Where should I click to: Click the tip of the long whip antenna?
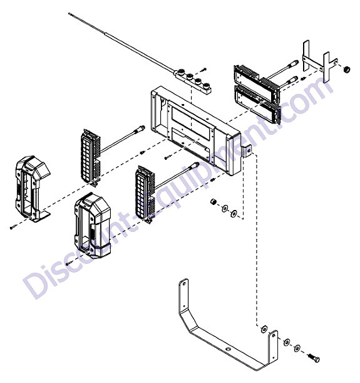[69, 13]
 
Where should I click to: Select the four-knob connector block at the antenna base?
[194, 81]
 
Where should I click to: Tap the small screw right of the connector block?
[203, 70]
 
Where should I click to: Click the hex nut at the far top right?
[346, 70]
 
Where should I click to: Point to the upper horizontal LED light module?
[255, 81]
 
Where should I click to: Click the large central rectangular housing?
[195, 130]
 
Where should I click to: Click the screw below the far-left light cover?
[13, 227]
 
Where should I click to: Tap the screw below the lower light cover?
[69, 263]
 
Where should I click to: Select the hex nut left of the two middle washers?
[214, 202]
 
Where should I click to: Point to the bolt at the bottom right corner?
[314, 358]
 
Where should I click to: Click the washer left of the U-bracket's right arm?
[264, 329]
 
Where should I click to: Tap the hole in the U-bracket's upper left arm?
[183, 284]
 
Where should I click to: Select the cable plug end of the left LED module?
[141, 128]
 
